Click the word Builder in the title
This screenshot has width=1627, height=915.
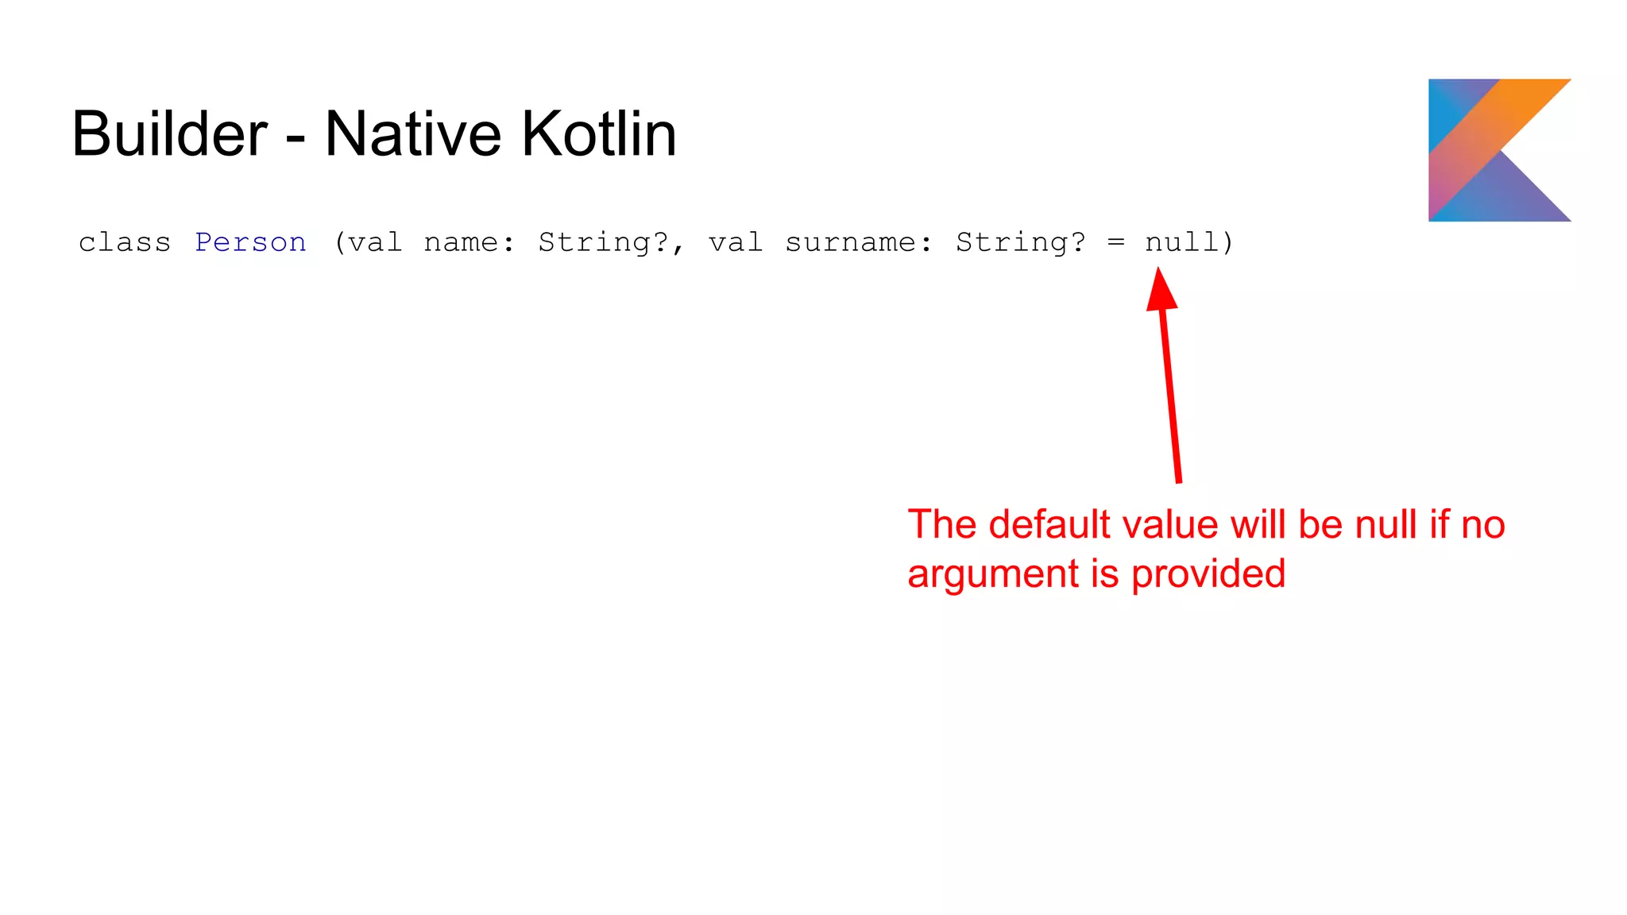(169, 133)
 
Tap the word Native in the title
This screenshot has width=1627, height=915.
(412, 133)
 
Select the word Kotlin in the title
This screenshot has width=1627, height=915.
(599, 133)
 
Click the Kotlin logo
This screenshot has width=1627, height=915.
(1499, 149)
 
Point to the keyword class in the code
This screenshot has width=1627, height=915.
(125, 242)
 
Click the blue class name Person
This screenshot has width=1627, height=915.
(250, 242)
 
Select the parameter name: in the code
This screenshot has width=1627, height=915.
(469, 242)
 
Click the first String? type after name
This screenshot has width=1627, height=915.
(604, 242)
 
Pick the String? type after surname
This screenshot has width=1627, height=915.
(1021, 242)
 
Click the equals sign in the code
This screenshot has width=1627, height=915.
(1116, 242)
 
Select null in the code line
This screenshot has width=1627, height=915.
(1182, 242)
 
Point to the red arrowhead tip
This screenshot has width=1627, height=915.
(1159, 270)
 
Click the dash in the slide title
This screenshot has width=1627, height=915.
(296, 137)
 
